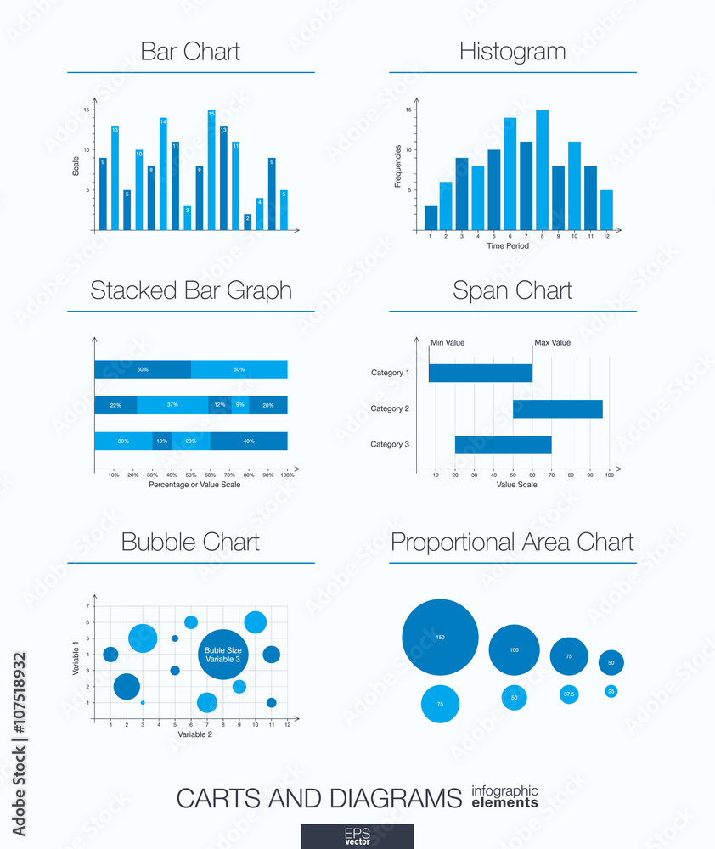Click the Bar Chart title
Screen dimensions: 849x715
pos(190,52)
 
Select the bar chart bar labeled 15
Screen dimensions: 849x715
pos(211,170)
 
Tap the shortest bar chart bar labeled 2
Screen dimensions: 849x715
pos(247,222)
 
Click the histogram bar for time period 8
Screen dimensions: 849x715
pos(542,170)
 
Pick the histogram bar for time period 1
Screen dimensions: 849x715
pos(431,218)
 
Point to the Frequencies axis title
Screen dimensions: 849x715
pos(397,166)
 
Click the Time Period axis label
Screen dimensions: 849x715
pos(508,246)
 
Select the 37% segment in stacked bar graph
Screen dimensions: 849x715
pos(172,405)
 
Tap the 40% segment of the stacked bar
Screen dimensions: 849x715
pos(248,441)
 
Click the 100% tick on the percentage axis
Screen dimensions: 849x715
pos(287,475)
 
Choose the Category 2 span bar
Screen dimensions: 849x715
pos(557,409)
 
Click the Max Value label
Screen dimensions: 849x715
pos(552,343)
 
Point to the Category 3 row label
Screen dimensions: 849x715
pos(390,444)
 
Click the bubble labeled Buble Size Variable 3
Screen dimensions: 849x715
pos(223,654)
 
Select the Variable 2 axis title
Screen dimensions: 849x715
pos(195,734)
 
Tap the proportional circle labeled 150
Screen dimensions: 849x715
pos(440,637)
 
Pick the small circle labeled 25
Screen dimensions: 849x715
pos(611,691)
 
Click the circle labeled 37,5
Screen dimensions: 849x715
pos(569,694)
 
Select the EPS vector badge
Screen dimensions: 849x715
pos(357,835)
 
